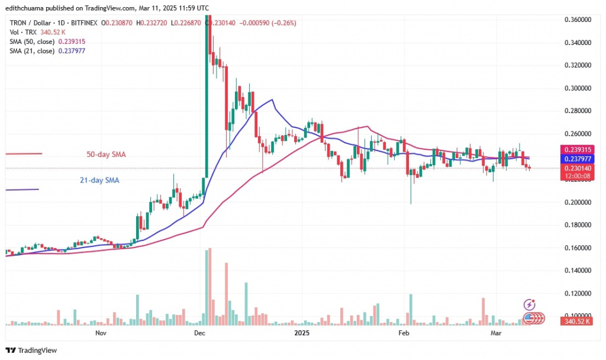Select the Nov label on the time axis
tap(100, 333)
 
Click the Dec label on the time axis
tap(199, 333)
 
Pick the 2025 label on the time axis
tap(301, 333)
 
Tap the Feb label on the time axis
tap(404, 333)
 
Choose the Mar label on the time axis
tap(497, 333)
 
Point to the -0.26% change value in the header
tap(284, 22)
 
